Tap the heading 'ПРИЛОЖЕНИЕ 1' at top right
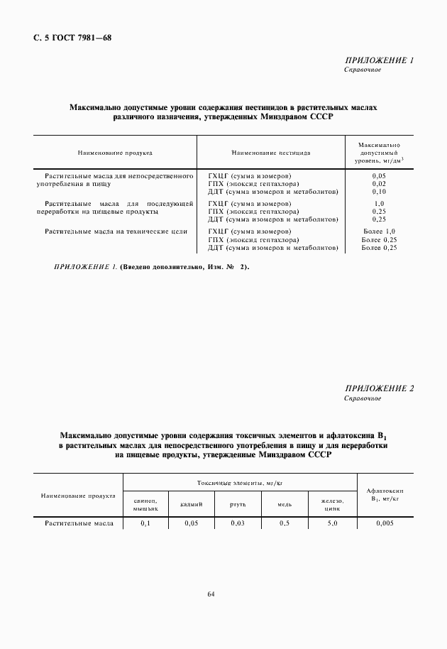point(378,61)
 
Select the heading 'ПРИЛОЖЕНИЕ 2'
point(378,388)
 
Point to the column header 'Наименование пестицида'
point(270,153)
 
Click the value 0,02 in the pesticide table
point(378,183)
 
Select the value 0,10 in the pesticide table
point(378,192)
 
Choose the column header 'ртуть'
point(237,504)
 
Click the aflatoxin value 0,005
point(383,523)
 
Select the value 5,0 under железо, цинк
point(331,523)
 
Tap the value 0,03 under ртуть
point(238,523)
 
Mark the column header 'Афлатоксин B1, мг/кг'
point(383,494)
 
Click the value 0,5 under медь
point(285,523)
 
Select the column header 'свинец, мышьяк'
point(145,504)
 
